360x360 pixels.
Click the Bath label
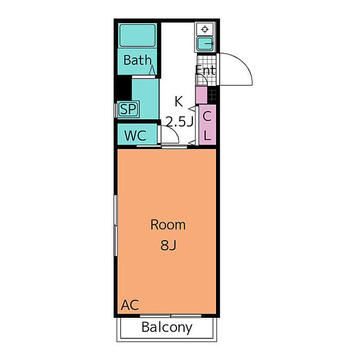point(137,60)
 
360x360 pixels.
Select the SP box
point(127,109)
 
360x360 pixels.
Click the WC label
point(135,136)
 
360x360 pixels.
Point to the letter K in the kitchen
point(178,100)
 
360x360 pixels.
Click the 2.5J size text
point(178,122)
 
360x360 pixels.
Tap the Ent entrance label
point(206,70)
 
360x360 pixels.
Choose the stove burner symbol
point(204,29)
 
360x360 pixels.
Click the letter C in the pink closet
point(207,116)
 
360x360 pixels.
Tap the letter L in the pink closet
point(207,136)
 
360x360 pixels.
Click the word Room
point(168,225)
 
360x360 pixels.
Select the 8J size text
point(168,245)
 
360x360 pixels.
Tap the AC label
point(130,305)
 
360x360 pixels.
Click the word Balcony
point(167,327)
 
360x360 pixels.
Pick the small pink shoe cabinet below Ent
point(201,95)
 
